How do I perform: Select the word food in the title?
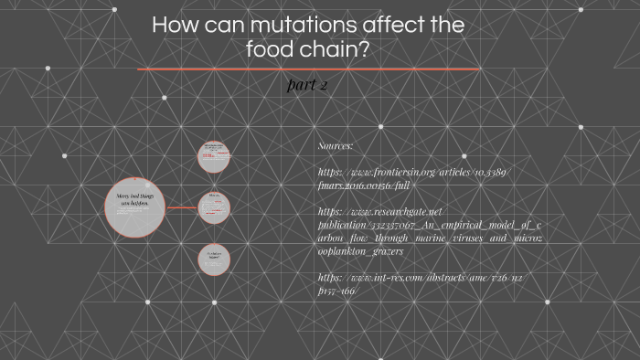(272, 49)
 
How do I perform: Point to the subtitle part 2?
(307, 85)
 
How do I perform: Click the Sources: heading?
(335, 146)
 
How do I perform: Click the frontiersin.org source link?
(414, 177)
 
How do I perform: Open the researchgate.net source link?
(430, 230)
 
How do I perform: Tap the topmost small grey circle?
(215, 155)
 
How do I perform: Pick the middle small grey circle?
(215, 207)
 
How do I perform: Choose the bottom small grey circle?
(214, 259)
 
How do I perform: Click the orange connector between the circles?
(182, 207)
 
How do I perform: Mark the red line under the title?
(308, 69)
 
